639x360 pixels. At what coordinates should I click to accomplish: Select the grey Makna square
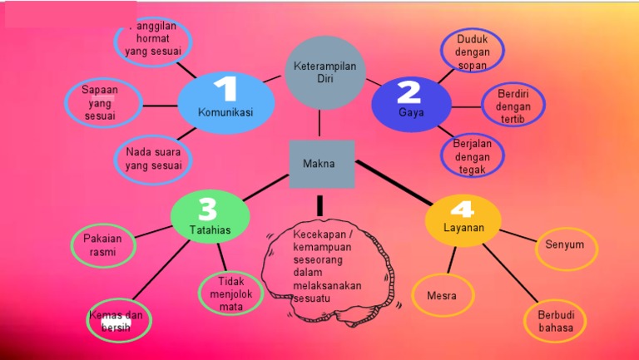point(321,164)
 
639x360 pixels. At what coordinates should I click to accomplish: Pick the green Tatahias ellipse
point(210,217)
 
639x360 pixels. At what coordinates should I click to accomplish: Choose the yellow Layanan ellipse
point(464,220)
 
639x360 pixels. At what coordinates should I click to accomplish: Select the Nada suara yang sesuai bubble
point(153,158)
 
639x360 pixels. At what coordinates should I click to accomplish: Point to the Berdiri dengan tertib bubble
point(513,106)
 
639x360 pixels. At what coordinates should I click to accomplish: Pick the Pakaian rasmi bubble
point(102,244)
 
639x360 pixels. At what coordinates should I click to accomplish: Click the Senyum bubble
point(565,245)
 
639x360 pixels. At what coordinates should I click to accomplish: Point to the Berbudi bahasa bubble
point(555,321)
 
